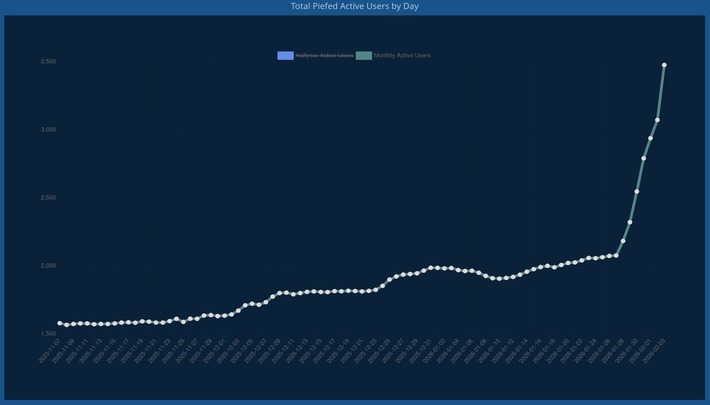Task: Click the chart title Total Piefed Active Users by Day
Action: (x=355, y=7)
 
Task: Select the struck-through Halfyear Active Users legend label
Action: (x=325, y=56)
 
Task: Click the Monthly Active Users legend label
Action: (x=402, y=56)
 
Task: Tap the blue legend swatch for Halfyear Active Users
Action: (x=286, y=56)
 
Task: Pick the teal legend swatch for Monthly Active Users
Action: (x=364, y=56)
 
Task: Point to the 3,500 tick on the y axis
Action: (x=48, y=61)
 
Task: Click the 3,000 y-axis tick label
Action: (x=48, y=129)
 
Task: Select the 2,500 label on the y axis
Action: (x=48, y=197)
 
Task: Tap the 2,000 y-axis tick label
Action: (x=48, y=265)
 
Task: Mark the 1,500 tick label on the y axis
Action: (x=48, y=333)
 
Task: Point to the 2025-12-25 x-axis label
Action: (x=378, y=351)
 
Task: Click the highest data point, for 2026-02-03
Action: (x=664, y=65)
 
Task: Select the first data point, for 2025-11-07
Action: (x=60, y=323)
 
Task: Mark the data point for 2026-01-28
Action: (x=623, y=241)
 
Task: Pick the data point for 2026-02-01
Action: (x=650, y=138)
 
